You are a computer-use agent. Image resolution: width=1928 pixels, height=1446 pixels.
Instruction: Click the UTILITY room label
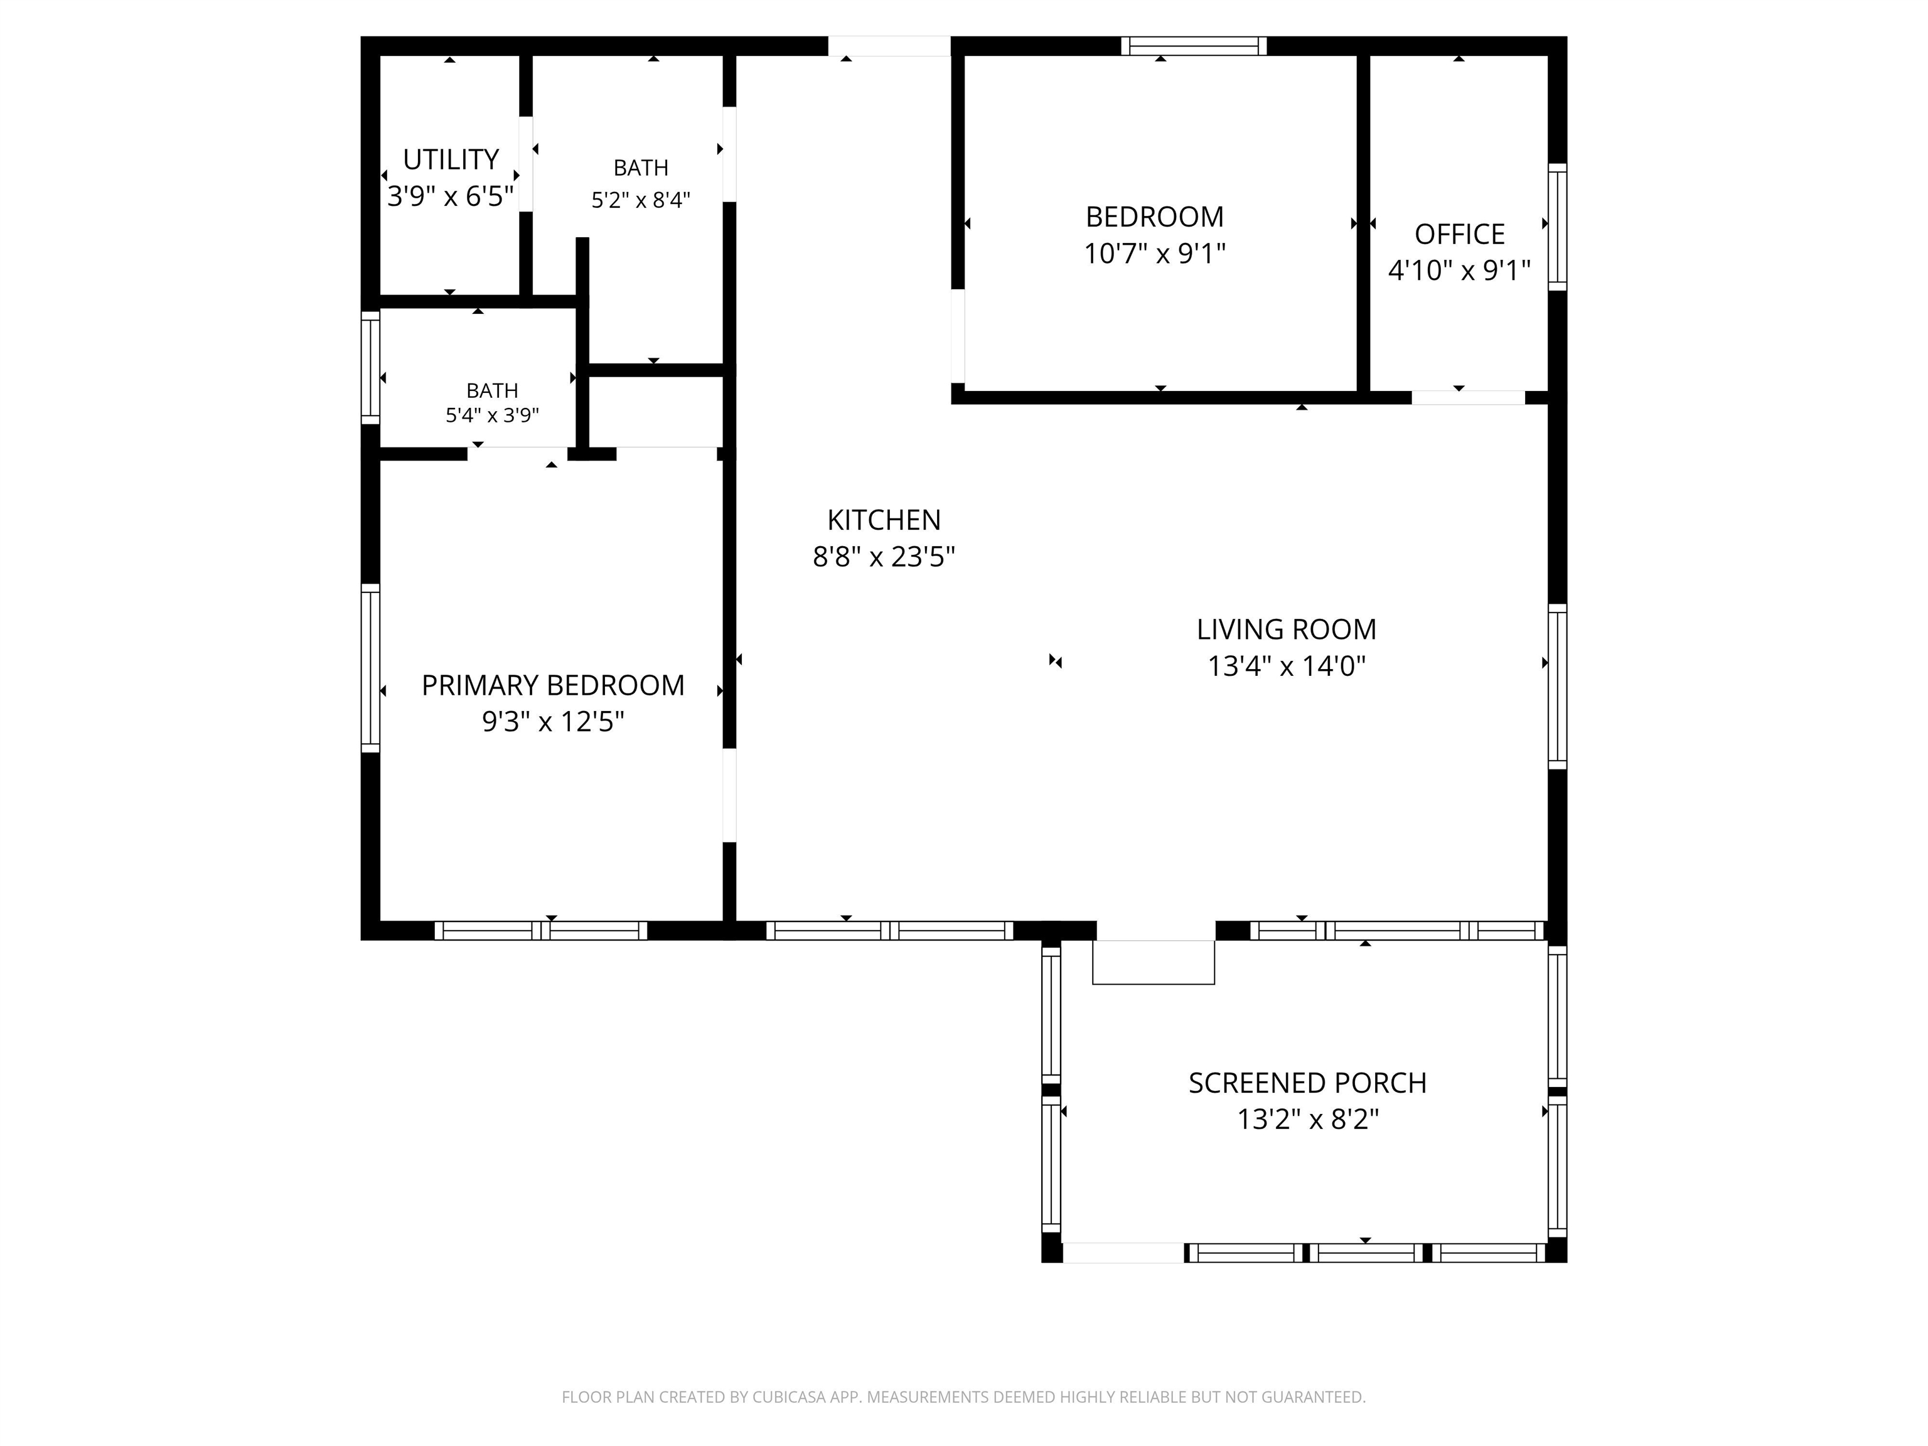click(451, 159)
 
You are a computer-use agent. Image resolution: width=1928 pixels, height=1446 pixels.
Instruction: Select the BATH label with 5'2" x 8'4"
click(641, 168)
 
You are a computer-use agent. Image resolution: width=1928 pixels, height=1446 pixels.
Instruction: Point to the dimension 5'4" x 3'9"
click(493, 415)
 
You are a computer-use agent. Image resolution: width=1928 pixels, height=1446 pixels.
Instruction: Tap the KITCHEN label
click(884, 520)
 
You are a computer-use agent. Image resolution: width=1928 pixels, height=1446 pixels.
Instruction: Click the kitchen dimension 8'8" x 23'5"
click(884, 557)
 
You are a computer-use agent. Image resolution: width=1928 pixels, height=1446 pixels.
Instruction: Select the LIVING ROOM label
click(1287, 629)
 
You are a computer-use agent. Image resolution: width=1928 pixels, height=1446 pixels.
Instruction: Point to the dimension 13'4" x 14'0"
click(1287, 667)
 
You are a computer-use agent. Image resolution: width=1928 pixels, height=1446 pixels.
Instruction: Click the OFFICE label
click(1460, 235)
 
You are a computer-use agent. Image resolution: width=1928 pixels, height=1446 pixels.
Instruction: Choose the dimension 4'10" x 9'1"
click(1460, 271)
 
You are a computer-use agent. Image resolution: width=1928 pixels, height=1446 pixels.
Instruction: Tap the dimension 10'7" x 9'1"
click(1155, 254)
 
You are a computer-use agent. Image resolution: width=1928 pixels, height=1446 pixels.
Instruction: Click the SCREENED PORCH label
click(1307, 1083)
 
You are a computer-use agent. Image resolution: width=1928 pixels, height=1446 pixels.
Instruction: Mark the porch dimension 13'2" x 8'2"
click(1307, 1119)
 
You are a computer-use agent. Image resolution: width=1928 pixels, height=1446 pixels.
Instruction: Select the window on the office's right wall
click(1558, 227)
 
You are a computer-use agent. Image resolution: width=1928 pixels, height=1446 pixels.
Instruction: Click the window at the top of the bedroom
click(1193, 46)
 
